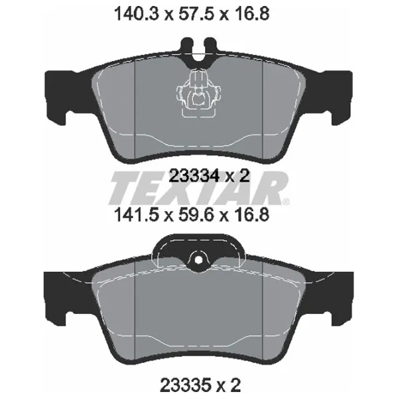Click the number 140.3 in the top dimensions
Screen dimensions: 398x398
(137, 14)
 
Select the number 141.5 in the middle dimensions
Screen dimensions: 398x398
(137, 215)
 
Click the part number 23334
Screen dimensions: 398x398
(194, 176)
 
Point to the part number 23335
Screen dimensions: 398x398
(186, 385)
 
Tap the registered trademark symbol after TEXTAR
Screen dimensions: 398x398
(285, 202)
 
